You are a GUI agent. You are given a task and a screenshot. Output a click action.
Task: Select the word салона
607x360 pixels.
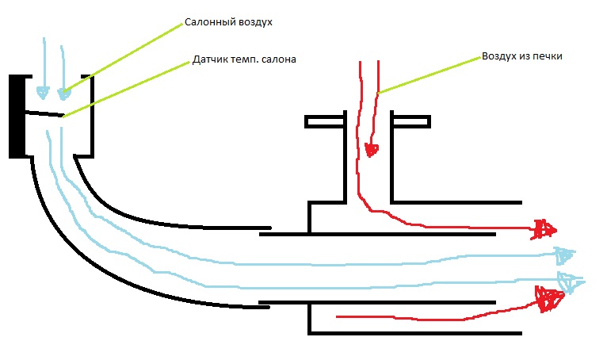(x=279, y=59)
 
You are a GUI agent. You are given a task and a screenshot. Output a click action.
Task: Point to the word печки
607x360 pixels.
(x=548, y=56)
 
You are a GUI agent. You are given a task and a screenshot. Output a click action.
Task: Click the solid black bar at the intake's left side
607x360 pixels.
(x=17, y=117)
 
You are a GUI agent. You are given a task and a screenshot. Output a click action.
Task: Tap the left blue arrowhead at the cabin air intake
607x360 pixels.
(x=43, y=93)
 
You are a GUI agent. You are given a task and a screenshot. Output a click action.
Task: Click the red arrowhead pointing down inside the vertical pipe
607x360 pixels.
(x=372, y=150)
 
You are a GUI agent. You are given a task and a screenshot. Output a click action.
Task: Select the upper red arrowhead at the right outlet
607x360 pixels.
(x=544, y=229)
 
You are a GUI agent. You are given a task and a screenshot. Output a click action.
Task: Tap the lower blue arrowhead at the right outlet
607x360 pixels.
(x=570, y=282)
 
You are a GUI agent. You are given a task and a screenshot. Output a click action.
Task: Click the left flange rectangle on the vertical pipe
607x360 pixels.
(x=324, y=121)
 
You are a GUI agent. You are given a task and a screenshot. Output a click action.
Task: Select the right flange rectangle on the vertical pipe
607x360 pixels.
(x=411, y=121)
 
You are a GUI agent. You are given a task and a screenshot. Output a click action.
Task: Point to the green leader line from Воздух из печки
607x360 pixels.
(x=429, y=75)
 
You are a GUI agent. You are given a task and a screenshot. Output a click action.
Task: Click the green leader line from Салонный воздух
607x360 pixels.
(x=123, y=58)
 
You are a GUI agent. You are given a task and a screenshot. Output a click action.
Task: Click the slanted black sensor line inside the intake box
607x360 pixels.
(x=44, y=114)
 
